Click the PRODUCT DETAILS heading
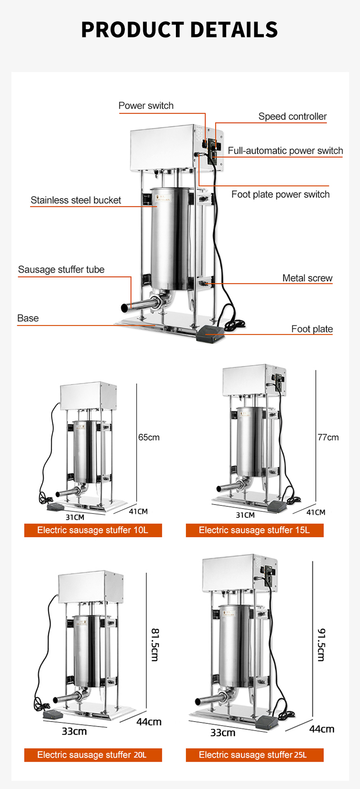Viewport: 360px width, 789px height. [180, 30]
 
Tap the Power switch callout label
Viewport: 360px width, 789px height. [146, 106]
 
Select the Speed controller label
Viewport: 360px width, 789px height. [292, 117]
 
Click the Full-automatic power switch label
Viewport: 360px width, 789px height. [285, 151]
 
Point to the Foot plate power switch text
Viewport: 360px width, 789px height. [280, 195]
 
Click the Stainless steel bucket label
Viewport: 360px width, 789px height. [76, 201]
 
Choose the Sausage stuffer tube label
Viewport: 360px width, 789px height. [61, 270]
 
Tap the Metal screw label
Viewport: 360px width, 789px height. [307, 278]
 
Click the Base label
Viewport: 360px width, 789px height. [28, 319]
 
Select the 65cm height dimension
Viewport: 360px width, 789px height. [149, 438]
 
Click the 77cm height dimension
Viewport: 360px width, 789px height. [328, 438]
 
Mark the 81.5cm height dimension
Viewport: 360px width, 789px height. [154, 645]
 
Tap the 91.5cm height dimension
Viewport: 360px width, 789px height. [321, 645]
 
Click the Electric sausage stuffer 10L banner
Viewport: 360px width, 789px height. [93, 530]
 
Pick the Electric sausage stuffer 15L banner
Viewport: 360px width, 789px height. [254, 530]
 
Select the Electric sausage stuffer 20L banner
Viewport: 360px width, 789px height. [93, 755]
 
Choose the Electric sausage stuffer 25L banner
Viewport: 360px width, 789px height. [254, 755]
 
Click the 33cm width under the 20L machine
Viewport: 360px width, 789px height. [74, 732]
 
